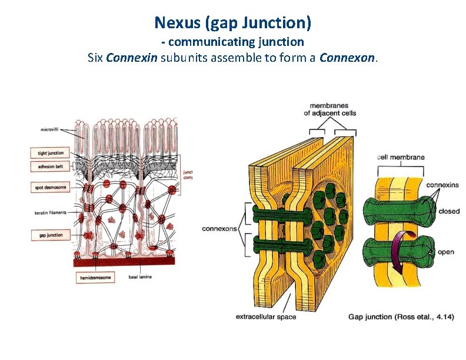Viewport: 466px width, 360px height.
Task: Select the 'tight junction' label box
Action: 48,153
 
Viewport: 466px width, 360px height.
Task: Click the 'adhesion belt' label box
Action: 48,166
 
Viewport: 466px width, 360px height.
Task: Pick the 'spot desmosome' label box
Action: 48,188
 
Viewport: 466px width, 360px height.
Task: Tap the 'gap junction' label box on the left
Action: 48,235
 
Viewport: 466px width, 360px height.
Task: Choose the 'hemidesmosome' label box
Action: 95,278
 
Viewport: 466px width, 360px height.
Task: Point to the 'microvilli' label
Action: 52,129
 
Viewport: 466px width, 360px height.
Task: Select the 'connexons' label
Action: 219,228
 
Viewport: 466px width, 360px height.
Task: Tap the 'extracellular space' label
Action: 266,317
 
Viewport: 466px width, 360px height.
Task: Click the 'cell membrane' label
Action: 401,157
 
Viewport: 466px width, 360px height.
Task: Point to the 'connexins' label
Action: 442,185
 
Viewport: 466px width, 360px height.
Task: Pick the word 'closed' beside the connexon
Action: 449,211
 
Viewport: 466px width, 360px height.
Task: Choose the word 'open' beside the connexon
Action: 446,252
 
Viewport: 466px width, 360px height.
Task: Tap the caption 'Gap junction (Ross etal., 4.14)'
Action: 401,317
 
